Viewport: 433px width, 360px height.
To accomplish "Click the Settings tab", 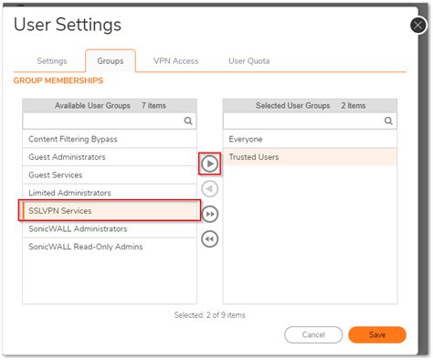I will click(52, 61).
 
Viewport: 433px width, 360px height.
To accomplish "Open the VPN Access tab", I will click(175, 61).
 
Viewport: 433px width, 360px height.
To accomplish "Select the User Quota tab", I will click(248, 61).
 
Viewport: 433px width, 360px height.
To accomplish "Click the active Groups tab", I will click(111, 61).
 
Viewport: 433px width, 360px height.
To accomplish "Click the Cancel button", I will click(313, 334).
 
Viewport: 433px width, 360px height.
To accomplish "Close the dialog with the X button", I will click(419, 25).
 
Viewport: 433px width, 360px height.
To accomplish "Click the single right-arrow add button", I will click(209, 164).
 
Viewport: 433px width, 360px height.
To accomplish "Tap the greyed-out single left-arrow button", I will click(209, 189).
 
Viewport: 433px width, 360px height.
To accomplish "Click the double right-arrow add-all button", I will click(209, 214).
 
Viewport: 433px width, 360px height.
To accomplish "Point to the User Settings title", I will click(67, 25).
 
